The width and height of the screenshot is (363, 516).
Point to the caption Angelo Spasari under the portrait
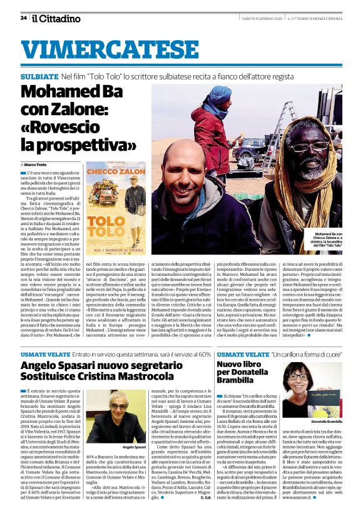click(x=135, y=448)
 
